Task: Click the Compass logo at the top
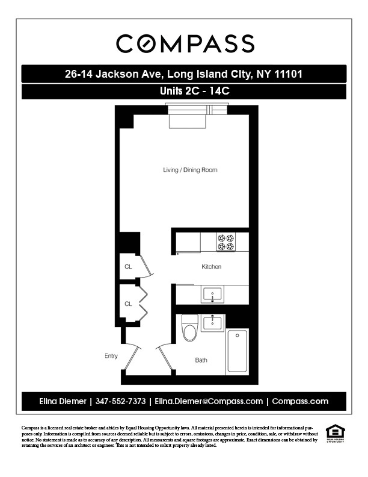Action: (x=185, y=43)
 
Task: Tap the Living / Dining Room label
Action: (x=190, y=170)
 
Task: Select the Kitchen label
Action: (x=211, y=267)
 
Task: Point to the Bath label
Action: (x=201, y=360)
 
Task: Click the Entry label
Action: (x=111, y=356)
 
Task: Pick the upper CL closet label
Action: (x=128, y=266)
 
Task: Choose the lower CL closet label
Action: (x=128, y=304)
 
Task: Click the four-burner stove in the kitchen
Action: (x=227, y=242)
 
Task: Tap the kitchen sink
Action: (x=211, y=295)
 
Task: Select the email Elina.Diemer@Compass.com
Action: (x=209, y=401)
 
